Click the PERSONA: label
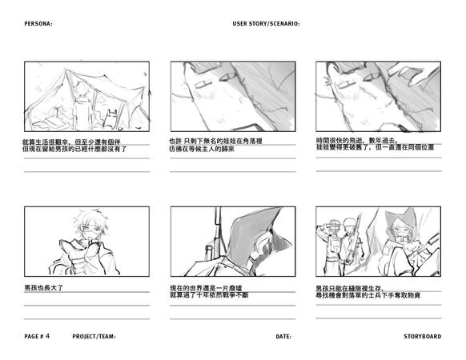(38, 24)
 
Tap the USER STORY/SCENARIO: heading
(266, 24)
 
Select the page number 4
(47, 336)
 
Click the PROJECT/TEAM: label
(94, 337)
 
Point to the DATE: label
(283, 337)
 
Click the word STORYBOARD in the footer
(422, 337)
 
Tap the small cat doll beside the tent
(110, 118)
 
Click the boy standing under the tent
(82, 106)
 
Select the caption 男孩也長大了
(44, 287)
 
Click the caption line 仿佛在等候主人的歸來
(202, 149)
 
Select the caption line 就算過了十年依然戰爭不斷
(209, 295)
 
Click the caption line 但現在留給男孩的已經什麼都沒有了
(75, 149)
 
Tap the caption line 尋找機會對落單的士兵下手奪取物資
(368, 295)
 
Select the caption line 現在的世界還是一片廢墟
(206, 288)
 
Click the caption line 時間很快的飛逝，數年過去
(357, 141)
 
